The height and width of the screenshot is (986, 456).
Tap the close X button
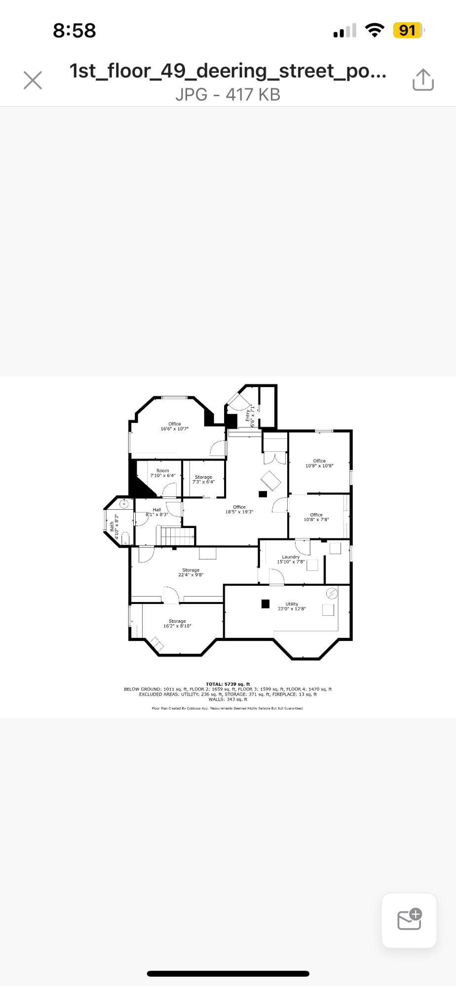(x=33, y=80)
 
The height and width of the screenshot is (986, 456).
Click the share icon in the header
(x=423, y=80)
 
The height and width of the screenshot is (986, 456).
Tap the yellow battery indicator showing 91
(x=408, y=31)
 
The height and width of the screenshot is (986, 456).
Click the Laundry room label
(x=291, y=559)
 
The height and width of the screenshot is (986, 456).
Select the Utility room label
(x=292, y=606)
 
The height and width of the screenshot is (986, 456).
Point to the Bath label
(x=114, y=526)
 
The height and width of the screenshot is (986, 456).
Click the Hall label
(x=157, y=512)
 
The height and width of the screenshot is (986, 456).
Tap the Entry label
(x=250, y=416)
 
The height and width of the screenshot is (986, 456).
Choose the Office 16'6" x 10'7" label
(x=174, y=426)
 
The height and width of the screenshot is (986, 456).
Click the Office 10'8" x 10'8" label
(x=319, y=463)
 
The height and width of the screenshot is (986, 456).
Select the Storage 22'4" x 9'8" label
(x=190, y=572)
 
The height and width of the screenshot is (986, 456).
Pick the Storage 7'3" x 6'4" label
(x=203, y=479)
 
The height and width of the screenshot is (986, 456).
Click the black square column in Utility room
(x=266, y=603)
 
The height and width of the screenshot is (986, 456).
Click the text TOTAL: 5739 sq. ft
(x=228, y=684)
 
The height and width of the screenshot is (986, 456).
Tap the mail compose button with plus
(x=409, y=920)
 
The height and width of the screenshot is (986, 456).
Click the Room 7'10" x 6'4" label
(x=163, y=473)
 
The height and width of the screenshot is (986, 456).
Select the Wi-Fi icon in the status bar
(x=375, y=31)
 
